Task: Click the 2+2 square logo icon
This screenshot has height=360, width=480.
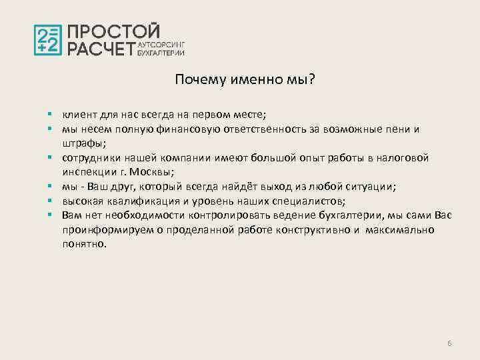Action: pyautogui.click(x=48, y=40)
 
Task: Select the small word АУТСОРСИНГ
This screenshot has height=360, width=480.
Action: pyautogui.click(x=160, y=43)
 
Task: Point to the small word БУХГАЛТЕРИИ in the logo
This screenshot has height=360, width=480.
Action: pyautogui.click(x=160, y=51)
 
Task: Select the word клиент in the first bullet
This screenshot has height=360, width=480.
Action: pyautogui.click(x=78, y=114)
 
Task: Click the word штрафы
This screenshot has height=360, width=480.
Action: pyautogui.click(x=81, y=143)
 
